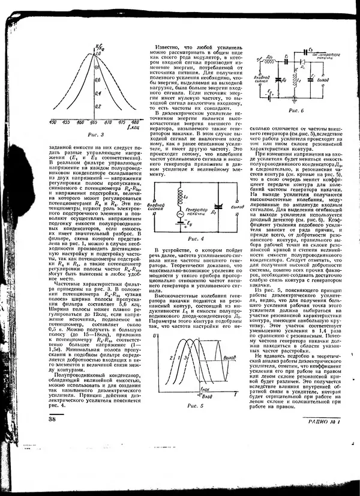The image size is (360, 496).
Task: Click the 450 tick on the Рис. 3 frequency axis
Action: pos(53,121)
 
